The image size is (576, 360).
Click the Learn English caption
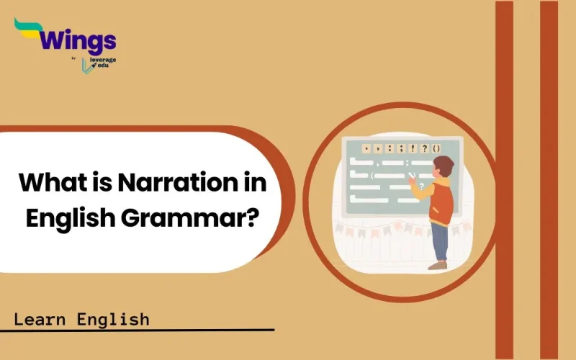tap(81, 318)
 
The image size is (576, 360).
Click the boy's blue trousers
tap(438, 241)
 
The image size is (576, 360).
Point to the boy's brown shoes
tap(437, 265)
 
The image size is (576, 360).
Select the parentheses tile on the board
tap(436, 149)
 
